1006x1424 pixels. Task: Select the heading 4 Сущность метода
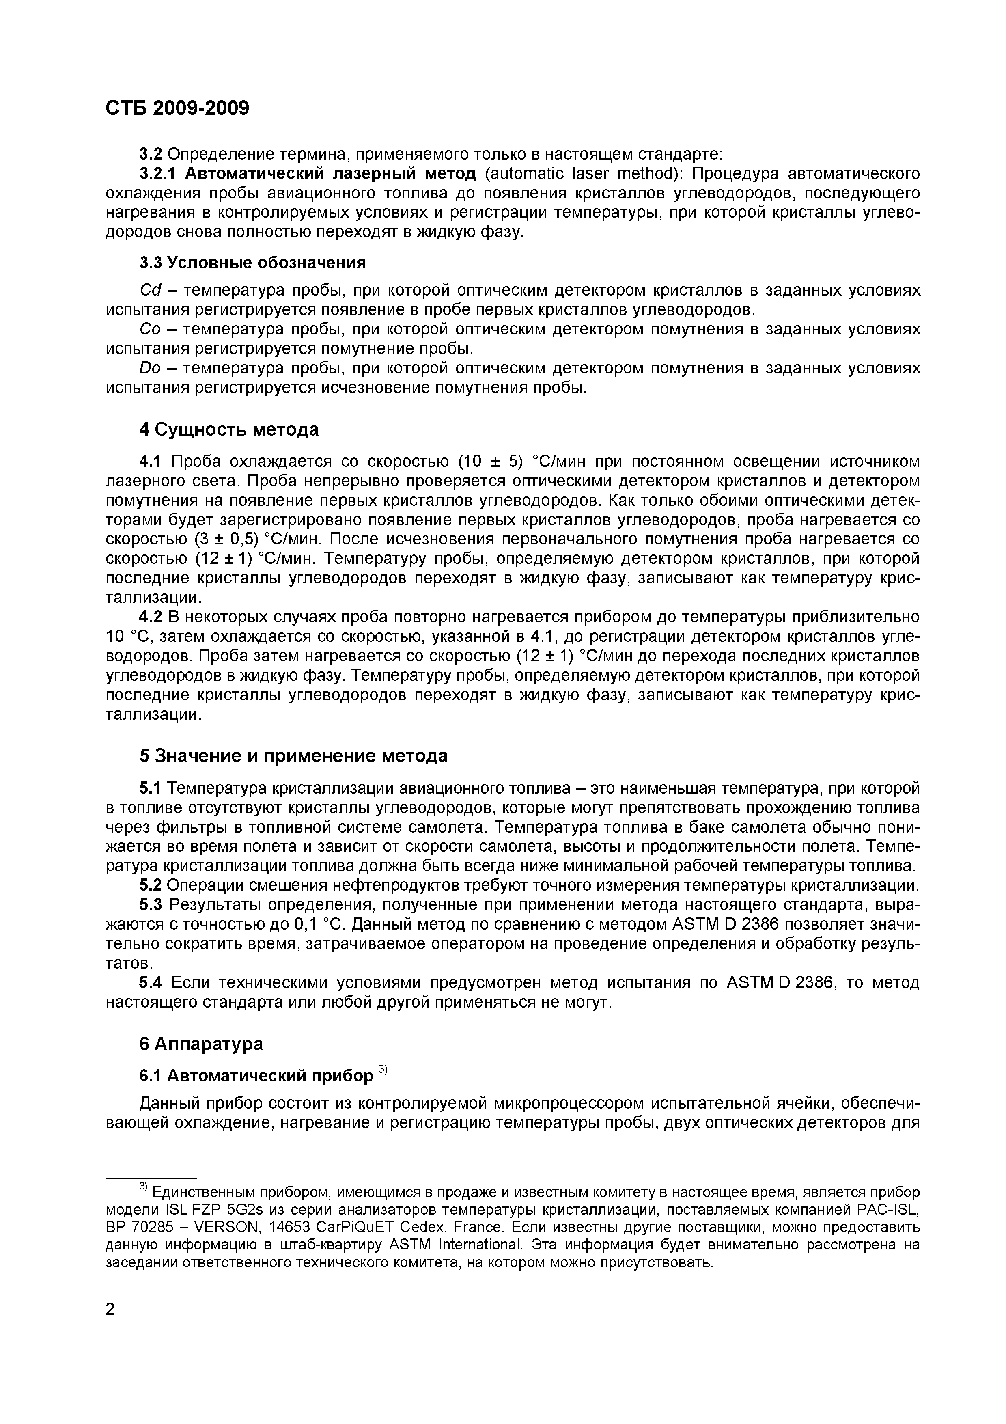click(229, 429)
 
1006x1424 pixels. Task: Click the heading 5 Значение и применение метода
click(293, 756)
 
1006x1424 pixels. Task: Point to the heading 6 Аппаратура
click(201, 1044)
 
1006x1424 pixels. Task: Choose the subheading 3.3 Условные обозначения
click(252, 263)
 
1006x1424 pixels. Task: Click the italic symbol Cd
click(150, 290)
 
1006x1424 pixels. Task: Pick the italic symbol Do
click(150, 369)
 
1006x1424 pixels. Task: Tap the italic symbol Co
click(150, 329)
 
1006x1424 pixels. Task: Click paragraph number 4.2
click(150, 617)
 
